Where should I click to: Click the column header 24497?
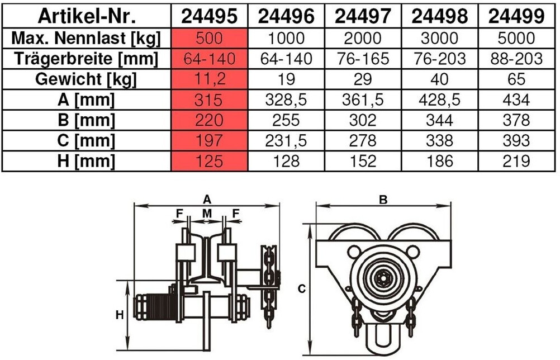point(363,16)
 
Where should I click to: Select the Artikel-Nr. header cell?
point(87,16)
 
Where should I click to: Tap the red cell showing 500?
point(209,38)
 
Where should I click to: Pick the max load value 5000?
point(516,38)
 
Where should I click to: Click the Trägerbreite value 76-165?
point(363,59)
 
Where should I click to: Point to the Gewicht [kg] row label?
point(86,79)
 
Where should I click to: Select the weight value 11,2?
point(209,79)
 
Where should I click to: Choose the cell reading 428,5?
point(440,100)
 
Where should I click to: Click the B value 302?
point(363,120)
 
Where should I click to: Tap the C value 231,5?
point(286,141)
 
